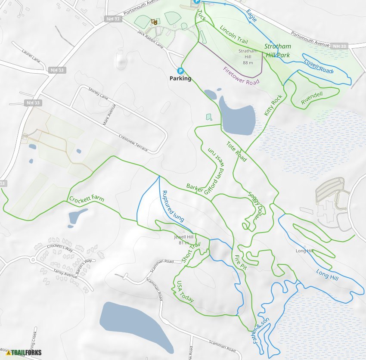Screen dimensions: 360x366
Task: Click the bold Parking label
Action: [180, 79]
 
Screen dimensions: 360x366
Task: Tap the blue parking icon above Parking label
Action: [180, 71]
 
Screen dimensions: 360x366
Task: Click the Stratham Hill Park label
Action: [278, 50]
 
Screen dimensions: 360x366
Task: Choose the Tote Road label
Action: [236, 152]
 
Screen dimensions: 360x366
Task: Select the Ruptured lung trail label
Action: [172, 206]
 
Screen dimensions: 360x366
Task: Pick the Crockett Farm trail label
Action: [86, 200]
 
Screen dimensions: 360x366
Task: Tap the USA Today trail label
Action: [186, 292]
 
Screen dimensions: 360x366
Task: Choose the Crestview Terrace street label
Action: [133, 143]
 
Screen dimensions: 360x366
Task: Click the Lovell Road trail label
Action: [319, 65]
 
